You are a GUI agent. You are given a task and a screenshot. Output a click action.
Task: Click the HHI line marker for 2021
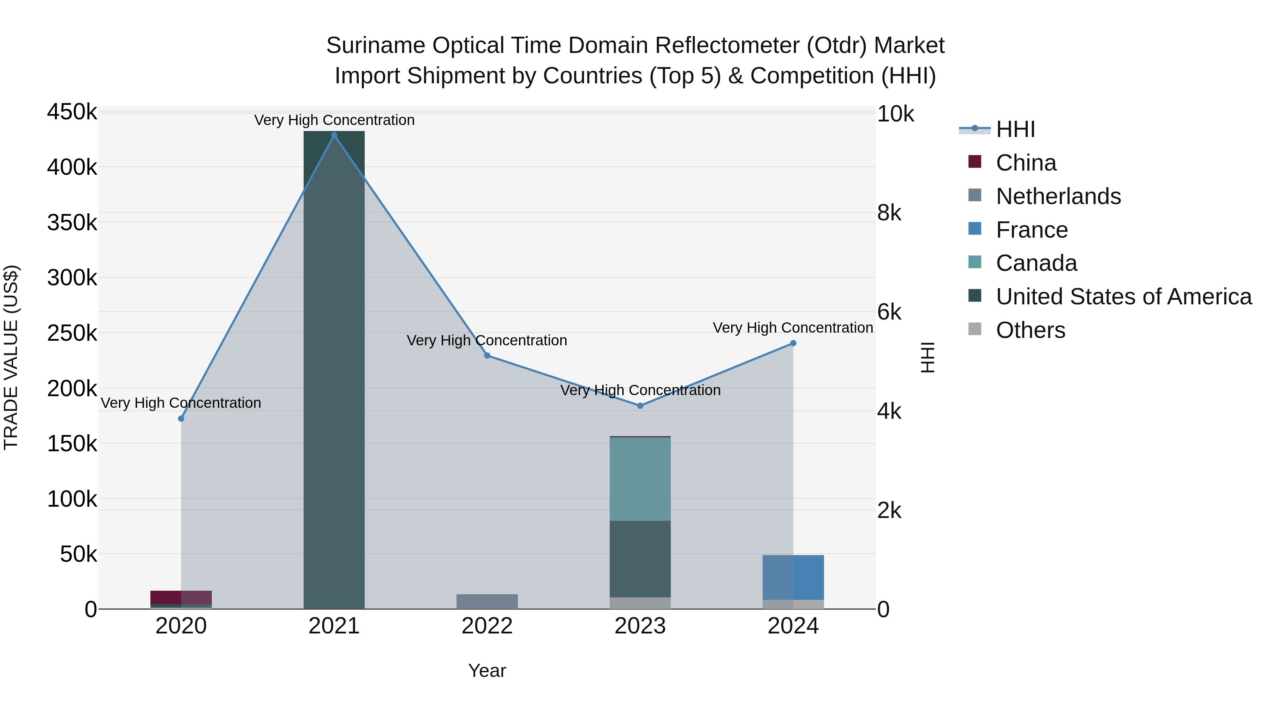pyautogui.click(x=334, y=135)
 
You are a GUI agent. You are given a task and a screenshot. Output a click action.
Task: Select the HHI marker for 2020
pyautogui.click(x=181, y=418)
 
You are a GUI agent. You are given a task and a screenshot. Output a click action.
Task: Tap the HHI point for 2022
pyautogui.click(x=487, y=355)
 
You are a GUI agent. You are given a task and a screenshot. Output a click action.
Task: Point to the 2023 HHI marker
pyautogui.click(x=640, y=406)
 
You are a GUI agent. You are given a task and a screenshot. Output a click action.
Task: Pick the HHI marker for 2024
pyautogui.click(x=793, y=343)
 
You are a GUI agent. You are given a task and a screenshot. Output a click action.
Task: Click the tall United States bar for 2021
pyautogui.click(x=334, y=370)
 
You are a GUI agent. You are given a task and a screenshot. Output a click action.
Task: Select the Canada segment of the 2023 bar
pyautogui.click(x=640, y=479)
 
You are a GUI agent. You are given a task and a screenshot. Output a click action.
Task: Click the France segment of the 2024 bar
pyautogui.click(x=793, y=577)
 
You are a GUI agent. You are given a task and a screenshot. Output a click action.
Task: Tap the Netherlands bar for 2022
pyautogui.click(x=487, y=602)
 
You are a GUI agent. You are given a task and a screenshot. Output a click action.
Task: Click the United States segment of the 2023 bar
pyautogui.click(x=640, y=559)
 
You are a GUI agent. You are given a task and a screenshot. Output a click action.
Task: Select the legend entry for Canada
pyautogui.click(x=1036, y=263)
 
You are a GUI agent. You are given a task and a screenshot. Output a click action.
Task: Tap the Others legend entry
pyautogui.click(x=1030, y=330)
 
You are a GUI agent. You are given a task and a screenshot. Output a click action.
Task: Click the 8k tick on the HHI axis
pyautogui.click(x=889, y=213)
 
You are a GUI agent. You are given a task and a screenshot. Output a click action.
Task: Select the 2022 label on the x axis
pyautogui.click(x=487, y=626)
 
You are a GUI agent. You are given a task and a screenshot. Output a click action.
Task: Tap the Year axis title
pyautogui.click(x=487, y=671)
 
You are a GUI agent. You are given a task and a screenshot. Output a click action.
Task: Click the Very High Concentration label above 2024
pyautogui.click(x=793, y=328)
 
